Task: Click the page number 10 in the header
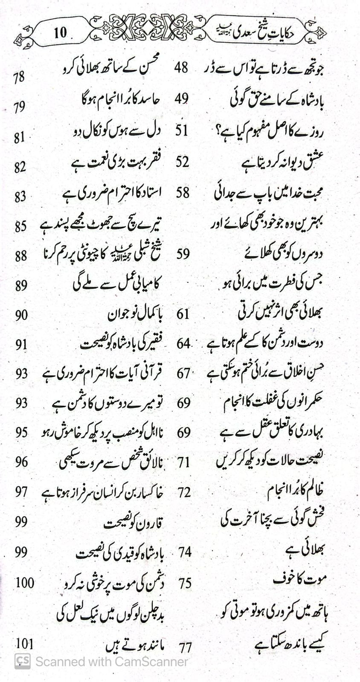[x=60, y=32]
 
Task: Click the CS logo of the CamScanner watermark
[x=23, y=661]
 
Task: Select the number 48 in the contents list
[x=181, y=67]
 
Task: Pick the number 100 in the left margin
[x=25, y=582]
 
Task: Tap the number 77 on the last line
[x=185, y=648]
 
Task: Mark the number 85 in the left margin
[x=20, y=226]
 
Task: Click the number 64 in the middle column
[x=183, y=344]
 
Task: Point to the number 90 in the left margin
[x=21, y=315]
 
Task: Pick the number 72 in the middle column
[x=184, y=493]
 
